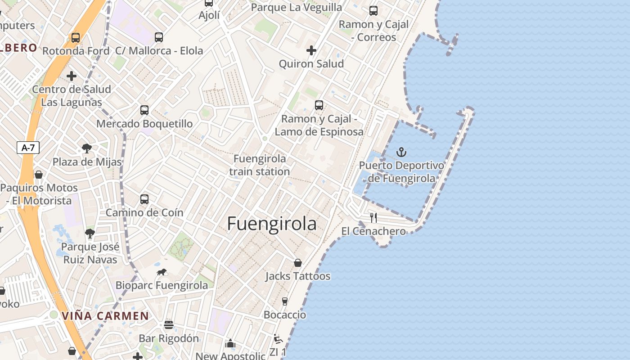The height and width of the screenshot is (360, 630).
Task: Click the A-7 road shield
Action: pos(28,148)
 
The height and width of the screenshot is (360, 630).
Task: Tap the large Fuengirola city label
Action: pos(272,224)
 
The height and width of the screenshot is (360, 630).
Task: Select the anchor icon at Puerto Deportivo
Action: pos(401,152)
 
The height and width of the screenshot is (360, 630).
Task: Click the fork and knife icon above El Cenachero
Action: pos(373,218)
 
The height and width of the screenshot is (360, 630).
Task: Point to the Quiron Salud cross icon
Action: pos(311,50)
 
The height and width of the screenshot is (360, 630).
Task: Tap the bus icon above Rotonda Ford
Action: pos(76,38)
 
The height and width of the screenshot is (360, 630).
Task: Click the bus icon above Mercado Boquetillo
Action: pos(144,110)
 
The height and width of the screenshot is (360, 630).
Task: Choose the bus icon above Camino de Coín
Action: pos(144,199)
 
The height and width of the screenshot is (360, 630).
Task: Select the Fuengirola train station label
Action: pos(260,165)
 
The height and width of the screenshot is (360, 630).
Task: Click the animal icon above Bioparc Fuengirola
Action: pos(162,272)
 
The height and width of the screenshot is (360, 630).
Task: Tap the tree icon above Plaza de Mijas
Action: pos(87,148)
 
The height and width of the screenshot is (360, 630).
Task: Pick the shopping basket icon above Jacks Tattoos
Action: pos(297,263)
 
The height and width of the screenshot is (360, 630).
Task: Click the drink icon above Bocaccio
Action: pos(284,301)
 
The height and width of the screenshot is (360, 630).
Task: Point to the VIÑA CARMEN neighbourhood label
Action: pos(105,316)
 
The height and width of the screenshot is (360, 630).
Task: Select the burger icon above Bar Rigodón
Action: pos(169,325)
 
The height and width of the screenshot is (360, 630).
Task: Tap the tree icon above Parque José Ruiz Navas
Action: pos(90,233)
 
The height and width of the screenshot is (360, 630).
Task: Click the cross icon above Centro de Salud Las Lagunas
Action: pos(72,76)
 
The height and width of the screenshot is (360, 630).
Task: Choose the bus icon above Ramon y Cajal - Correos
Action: pos(373,11)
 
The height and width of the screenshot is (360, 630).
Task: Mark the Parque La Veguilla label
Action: pos(297,8)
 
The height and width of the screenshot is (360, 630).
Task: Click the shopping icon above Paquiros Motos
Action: pos(39,175)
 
